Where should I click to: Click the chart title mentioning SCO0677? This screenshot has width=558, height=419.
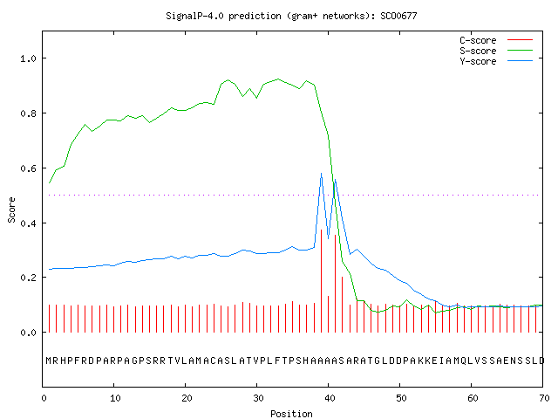tap(291, 16)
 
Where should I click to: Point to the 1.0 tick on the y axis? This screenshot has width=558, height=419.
tap(28, 58)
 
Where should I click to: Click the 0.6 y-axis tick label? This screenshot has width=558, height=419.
tap(28, 168)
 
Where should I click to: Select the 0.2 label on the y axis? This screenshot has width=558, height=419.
tap(28, 278)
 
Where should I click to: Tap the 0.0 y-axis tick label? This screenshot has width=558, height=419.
tap(28, 333)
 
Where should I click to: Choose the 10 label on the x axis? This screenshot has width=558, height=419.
tap(115, 398)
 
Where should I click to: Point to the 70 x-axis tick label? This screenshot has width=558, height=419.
tap(544, 398)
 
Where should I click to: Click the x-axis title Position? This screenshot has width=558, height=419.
tap(291, 414)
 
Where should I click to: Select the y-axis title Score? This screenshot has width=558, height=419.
tap(11, 209)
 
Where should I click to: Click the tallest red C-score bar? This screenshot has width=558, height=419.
tap(322, 281)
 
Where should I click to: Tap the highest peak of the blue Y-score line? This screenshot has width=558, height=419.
tap(322, 173)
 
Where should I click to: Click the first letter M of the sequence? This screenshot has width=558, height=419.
tap(49, 361)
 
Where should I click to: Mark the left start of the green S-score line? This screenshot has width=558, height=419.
tap(49, 183)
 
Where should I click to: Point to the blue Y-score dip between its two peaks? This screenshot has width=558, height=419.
tap(328, 238)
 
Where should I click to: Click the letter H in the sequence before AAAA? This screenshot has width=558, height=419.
tap(306, 361)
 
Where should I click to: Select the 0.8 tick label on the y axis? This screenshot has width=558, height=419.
tap(28, 113)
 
